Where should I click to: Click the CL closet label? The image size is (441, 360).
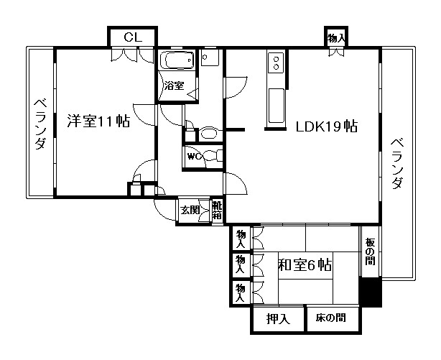(x=133, y=37)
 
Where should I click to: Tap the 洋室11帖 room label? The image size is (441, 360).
(x=98, y=121)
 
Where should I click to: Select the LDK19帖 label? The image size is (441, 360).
(x=327, y=126)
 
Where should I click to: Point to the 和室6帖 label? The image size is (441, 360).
(x=305, y=265)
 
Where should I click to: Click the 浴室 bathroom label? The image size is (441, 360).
(x=174, y=86)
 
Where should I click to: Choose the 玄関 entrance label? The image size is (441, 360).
(x=190, y=210)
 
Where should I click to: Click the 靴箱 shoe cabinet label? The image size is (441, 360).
(x=217, y=211)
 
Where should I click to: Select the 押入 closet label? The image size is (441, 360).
(x=278, y=319)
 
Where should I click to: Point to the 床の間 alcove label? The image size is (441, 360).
(x=330, y=318)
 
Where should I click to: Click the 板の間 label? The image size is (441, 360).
(x=371, y=251)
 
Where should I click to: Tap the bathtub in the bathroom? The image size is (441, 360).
(x=177, y=60)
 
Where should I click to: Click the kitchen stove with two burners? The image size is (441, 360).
(x=276, y=63)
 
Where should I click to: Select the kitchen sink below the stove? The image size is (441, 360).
(x=277, y=106)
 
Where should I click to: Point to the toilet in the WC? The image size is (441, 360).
(x=213, y=156)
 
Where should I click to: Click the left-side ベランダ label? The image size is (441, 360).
(x=40, y=124)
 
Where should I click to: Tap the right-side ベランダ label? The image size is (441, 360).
(x=397, y=163)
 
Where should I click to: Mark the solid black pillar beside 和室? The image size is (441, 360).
(x=371, y=292)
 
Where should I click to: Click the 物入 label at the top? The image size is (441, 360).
(x=336, y=37)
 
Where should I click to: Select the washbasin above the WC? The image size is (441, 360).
(x=208, y=133)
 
